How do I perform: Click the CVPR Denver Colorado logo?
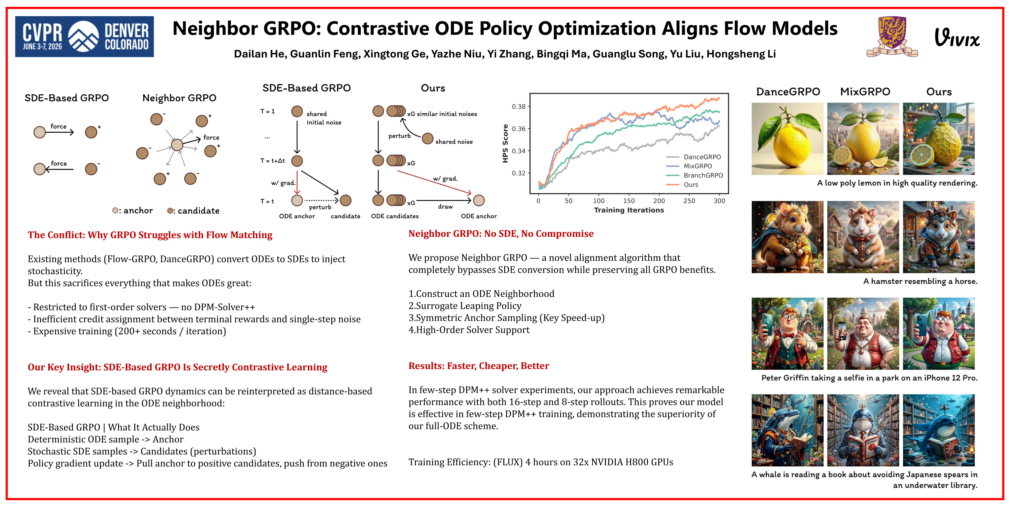(84, 36)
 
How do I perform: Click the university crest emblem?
(892, 36)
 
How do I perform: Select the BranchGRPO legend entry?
(694, 175)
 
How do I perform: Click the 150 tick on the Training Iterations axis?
(628, 201)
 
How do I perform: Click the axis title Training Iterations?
(629, 210)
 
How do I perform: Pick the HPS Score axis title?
(505, 143)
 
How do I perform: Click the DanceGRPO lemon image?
(787, 139)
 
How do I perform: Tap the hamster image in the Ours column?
(939, 237)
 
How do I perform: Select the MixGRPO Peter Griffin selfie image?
(863, 333)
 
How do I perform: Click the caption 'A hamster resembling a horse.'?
(920, 281)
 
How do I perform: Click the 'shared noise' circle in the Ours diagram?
(427, 138)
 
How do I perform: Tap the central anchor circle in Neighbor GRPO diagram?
(177, 145)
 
